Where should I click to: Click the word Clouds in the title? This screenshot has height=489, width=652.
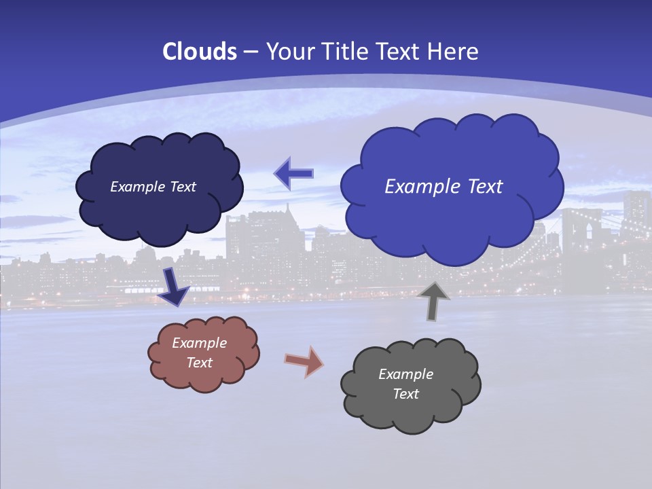click(x=199, y=52)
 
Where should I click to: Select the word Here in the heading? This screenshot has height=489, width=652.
click(x=454, y=52)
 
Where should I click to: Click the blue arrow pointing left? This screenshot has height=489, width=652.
click(x=293, y=173)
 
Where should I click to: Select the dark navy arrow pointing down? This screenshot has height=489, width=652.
click(x=173, y=287)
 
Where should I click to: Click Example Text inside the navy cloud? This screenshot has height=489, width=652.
click(x=153, y=187)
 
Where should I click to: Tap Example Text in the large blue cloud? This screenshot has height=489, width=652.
click(x=443, y=186)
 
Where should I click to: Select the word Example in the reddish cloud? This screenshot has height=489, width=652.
click(x=199, y=343)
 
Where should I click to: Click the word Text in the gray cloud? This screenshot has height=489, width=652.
click(x=405, y=394)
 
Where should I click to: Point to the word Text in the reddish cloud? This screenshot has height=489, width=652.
click(x=199, y=363)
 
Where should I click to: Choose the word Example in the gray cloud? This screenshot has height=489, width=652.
click(x=405, y=374)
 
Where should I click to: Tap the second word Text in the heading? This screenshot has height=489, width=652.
click(x=400, y=52)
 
